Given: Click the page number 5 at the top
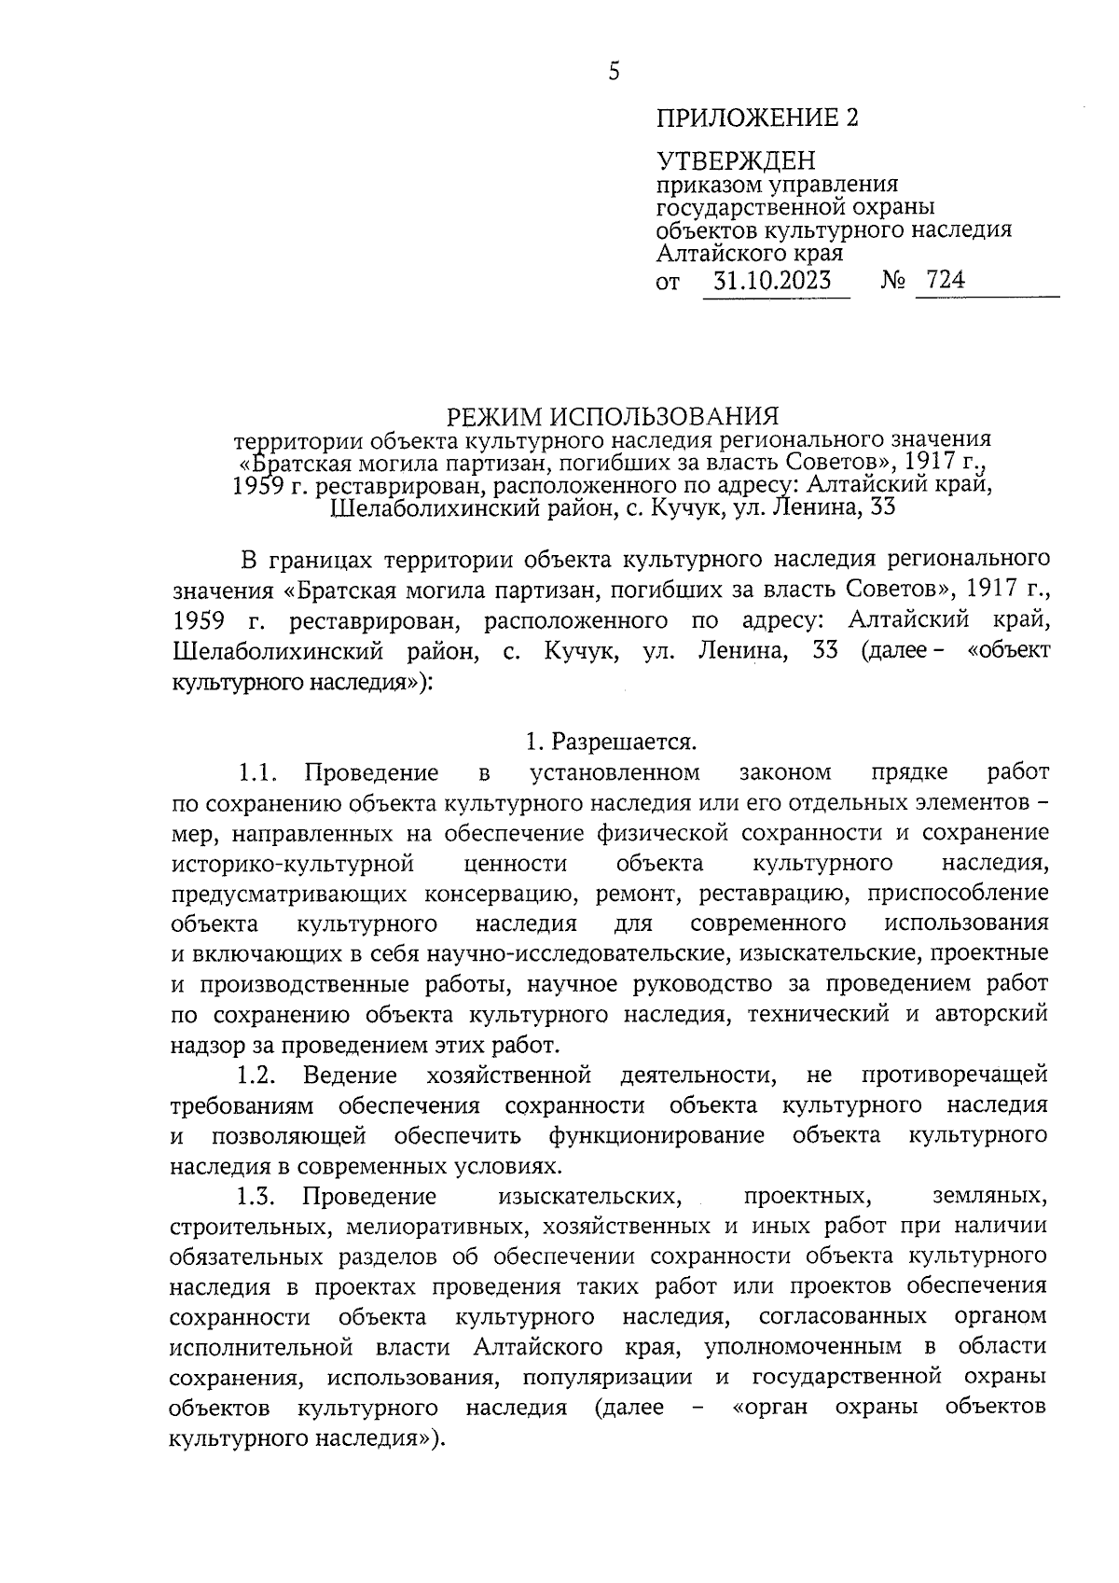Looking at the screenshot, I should (x=613, y=72).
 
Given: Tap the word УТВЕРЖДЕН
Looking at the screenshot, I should (x=735, y=161).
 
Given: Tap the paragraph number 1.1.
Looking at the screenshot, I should (x=258, y=772).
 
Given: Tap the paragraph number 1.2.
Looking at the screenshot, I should (x=258, y=1075).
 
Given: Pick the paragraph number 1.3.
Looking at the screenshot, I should (x=258, y=1196).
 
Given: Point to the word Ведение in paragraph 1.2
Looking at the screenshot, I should (x=350, y=1075).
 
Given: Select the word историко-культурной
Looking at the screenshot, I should (x=292, y=863).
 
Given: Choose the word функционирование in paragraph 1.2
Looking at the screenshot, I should (x=656, y=1135).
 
